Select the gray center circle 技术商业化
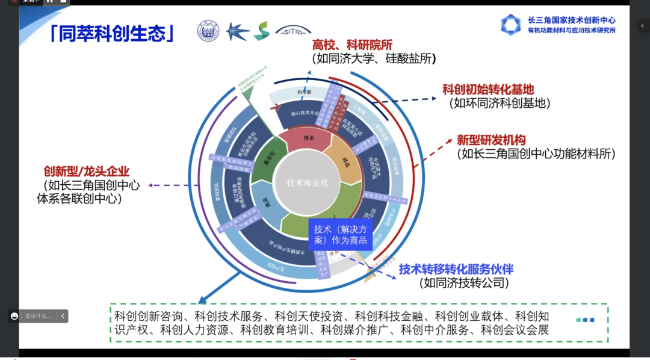[307, 182]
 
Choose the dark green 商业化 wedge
[268, 162]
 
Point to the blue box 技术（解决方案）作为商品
[340, 235]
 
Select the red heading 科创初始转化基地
[488, 89]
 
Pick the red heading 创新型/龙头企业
[86, 172]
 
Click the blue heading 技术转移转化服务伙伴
[456, 269]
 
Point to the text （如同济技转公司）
[464, 282]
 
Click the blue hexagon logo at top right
[511, 25]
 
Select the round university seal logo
[208, 31]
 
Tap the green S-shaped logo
[261, 31]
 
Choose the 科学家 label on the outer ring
[305, 92]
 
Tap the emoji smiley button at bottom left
[14, 315]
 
